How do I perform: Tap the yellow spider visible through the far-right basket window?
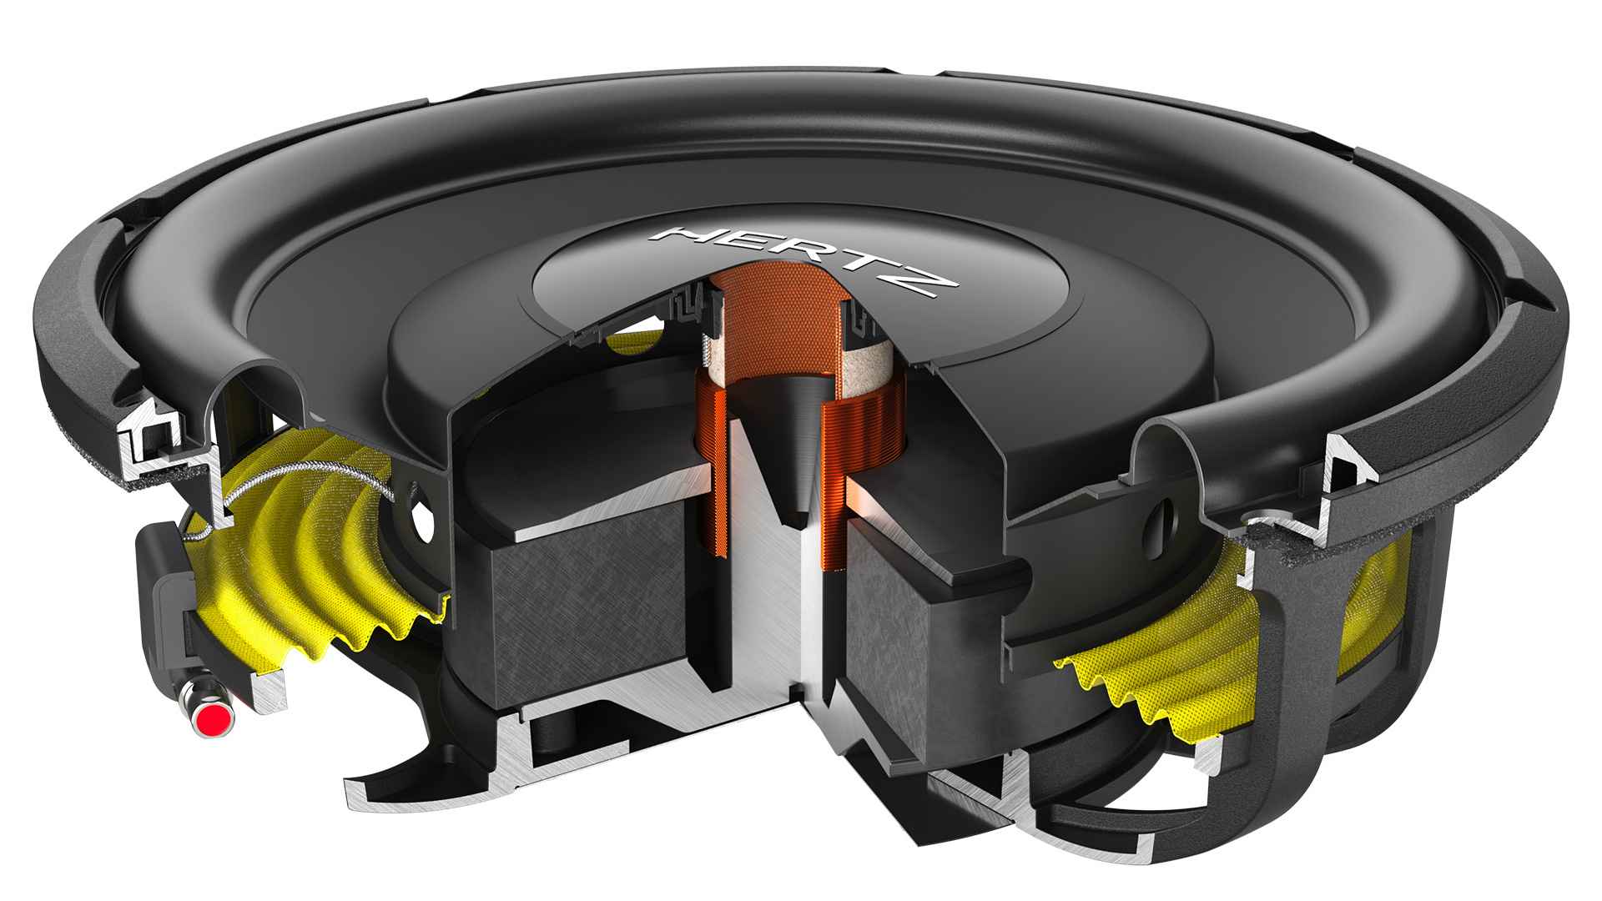pyautogui.click(x=1377, y=592)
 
